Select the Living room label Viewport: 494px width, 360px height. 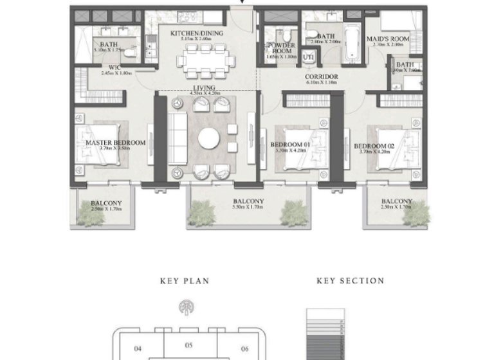pyautogui.click(x=205, y=88)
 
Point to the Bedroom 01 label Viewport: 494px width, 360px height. pyautogui.click(x=290, y=145)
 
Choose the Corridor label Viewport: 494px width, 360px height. pyautogui.click(x=321, y=77)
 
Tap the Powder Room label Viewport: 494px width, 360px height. pyautogui.click(x=281, y=49)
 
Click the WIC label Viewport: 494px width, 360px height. pyautogui.click(x=116, y=67)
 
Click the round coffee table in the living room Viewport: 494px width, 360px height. pyautogui.click(x=209, y=138)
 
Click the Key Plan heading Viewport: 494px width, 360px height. pyautogui.click(x=185, y=281)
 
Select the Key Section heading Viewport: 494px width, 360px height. pyautogui.click(x=351, y=281)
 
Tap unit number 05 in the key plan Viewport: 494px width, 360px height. pyautogui.click(x=188, y=345)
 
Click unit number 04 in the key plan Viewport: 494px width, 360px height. pyautogui.click(x=137, y=349)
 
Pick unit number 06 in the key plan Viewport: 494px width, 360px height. pyautogui.click(x=244, y=349)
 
